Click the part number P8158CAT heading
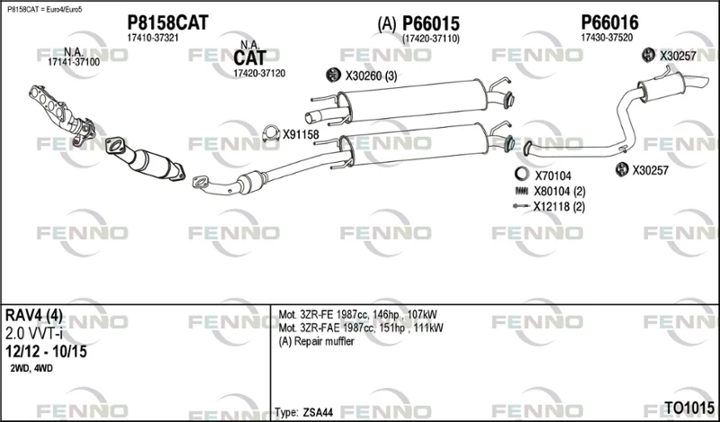pyautogui.click(x=167, y=22)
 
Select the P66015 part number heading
pyautogui.click(x=431, y=24)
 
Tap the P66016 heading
pyautogui.click(x=610, y=22)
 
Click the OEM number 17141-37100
pyautogui.click(x=74, y=62)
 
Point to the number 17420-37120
pyautogui.click(x=259, y=73)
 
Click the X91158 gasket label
pyautogui.click(x=301, y=135)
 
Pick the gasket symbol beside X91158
pyautogui.click(x=271, y=134)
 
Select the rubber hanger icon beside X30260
pyautogui.click(x=332, y=75)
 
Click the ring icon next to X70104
pyautogui.click(x=521, y=175)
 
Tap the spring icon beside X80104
pyautogui.click(x=521, y=191)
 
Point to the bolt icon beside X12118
pyautogui.click(x=521, y=206)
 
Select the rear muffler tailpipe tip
pyautogui.click(x=698, y=81)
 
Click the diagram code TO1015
pyautogui.click(x=689, y=408)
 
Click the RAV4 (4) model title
pyautogui.click(x=33, y=316)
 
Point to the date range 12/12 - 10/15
pyautogui.click(x=46, y=352)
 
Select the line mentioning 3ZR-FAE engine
pyautogui.click(x=361, y=328)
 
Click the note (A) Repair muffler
pyautogui.click(x=317, y=341)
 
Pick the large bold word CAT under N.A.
pyautogui.click(x=250, y=58)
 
